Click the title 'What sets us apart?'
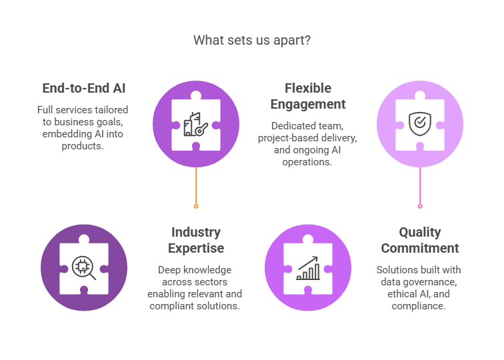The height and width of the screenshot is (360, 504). (252, 40)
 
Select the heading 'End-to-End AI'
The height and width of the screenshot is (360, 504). (83, 88)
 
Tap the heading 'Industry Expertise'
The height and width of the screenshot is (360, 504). (196, 240)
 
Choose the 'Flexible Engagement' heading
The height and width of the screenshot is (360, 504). (307, 96)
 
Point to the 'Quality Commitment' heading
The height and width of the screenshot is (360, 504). (419, 240)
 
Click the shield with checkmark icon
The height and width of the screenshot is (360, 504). (419, 123)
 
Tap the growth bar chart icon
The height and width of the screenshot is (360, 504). (308, 267)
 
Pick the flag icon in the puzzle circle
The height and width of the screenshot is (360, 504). (195, 123)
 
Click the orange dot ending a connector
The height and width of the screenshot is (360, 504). (196, 207)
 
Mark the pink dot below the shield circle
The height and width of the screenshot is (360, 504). (420, 207)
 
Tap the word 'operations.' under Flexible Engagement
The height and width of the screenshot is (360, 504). (308, 161)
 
